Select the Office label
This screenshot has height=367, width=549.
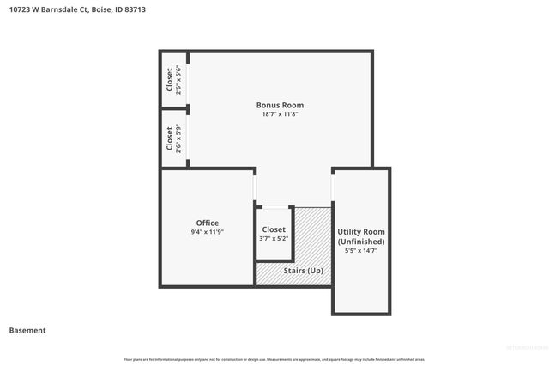pyautogui.click(x=207, y=223)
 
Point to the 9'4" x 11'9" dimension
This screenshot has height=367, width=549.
pyautogui.click(x=207, y=232)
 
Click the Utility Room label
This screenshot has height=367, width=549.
pyautogui.click(x=361, y=232)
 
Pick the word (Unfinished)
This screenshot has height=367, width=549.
pyautogui.click(x=361, y=242)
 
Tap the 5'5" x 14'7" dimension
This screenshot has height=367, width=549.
pyautogui.click(x=361, y=251)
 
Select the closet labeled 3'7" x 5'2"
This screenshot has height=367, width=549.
pyautogui.click(x=274, y=234)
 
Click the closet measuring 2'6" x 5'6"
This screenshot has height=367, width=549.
pyautogui.click(x=173, y=79)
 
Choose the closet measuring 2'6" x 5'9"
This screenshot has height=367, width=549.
pyautogui.click(x=173, y=138)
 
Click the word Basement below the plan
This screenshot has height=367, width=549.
pyautogui.click(x=27, y=330)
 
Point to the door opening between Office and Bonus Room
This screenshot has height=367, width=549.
pyautogui.click(x=255, y=187)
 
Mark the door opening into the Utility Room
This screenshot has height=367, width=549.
pyautogui.click(x=333, y=187)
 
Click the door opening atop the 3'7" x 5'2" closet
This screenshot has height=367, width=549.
pyautogui.click(x=274, y=206)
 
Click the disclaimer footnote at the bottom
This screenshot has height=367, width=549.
pyautogui.click(x=274, y=359)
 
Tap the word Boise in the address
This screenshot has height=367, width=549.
pyautogui.click(x=100, y=10)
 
